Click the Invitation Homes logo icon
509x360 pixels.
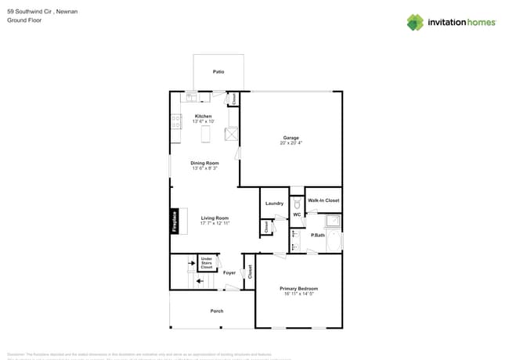coord(415,22)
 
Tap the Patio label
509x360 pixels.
coord(218,72)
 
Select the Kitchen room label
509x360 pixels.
coord(203,117)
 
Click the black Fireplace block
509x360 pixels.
coord(175,221)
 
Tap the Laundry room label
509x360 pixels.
coord(274,203)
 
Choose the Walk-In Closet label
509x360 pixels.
coord(323,200)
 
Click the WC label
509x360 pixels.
coord(298,214)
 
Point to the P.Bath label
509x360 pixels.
coord(318,235)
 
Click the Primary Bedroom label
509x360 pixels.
coord(299,289)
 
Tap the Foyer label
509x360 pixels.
coord(229,273)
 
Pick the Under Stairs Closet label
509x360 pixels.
coord(207,263)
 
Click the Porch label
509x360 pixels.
coord(217,311)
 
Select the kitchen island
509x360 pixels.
coord(207,135)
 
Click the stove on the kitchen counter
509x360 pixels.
coord(176,122)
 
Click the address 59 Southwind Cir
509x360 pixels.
coord(31,12)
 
